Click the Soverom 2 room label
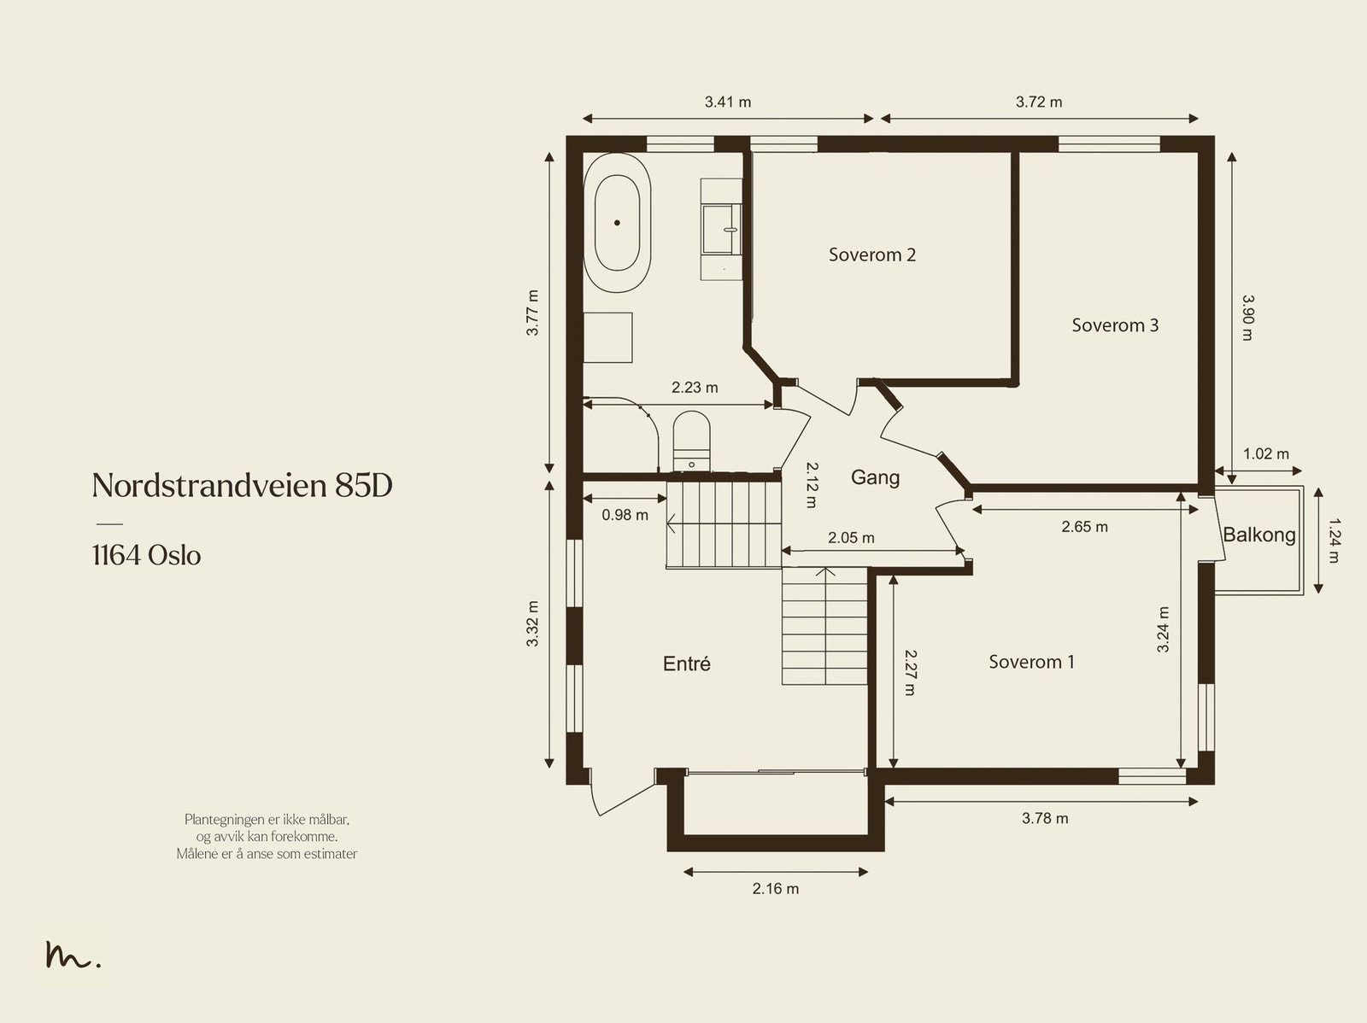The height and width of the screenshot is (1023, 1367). coord(872,254)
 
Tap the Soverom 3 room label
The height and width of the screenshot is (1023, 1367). coord(1115,325)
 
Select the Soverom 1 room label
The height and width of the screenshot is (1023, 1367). coord(1031,662)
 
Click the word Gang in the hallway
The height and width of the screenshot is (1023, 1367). coord(875,477)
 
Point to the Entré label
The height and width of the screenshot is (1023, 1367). coord(686,664)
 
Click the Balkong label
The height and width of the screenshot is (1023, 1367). coord(1258,535)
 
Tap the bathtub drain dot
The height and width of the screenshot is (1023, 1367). coord(617,222)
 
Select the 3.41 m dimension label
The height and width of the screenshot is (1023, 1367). coord(727,102)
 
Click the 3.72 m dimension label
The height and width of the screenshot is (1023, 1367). coord(1039,102)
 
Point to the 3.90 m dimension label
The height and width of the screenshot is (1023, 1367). coord(1247,318)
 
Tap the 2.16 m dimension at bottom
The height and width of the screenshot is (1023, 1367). coord(775,889)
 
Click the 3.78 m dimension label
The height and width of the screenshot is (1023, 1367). coord(1044,818)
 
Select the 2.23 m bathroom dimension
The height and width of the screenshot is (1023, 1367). coord(694,388)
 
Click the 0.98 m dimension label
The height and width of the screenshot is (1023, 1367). coord(625,515)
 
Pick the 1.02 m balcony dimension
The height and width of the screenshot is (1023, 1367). coord(1265,454)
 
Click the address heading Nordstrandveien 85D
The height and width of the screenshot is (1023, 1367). coord(242,486)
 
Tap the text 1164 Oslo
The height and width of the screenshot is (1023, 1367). coord(146,556)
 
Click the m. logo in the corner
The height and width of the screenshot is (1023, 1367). coord(73,956)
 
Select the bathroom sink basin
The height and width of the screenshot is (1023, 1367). coord(721,229)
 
